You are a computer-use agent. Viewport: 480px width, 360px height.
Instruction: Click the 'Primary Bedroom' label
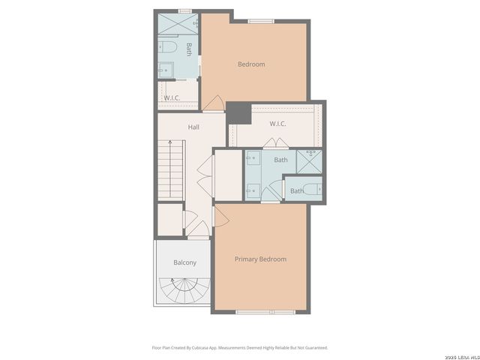coord(260,259)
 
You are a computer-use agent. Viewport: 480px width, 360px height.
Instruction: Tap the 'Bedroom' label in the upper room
coord(251,64)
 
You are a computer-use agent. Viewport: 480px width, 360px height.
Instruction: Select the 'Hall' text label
coord(193,127)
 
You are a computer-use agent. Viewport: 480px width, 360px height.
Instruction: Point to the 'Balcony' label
coord(184,262)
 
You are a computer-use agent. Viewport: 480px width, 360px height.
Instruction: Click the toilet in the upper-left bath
coord(168,48)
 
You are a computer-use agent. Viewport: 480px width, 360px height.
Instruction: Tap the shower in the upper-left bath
coord(178,23)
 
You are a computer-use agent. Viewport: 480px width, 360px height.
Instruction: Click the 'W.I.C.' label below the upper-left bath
coord(172,98)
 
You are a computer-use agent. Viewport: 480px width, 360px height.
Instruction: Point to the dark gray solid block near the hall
coord(238,113)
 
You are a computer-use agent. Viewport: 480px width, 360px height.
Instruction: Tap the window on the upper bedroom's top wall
coord(260,21)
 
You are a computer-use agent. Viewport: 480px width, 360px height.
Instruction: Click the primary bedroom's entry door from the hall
coord(220,216)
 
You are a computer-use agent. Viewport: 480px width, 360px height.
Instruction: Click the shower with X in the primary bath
coord(308,161)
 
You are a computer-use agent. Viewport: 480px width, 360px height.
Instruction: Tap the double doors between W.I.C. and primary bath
coord(271,145)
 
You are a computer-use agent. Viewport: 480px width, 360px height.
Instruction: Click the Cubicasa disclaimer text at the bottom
coord(240,347)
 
